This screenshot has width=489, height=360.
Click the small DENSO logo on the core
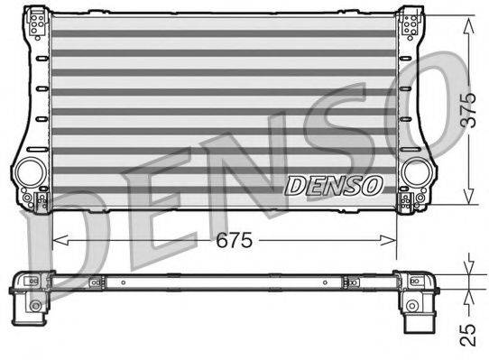[x=335, y=184]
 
